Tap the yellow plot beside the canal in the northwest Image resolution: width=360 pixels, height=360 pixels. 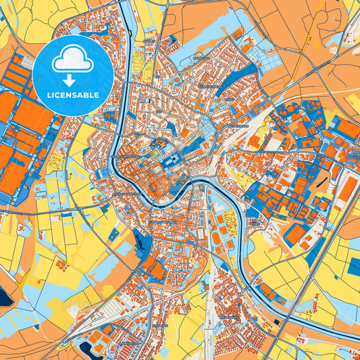pos(143,57)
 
